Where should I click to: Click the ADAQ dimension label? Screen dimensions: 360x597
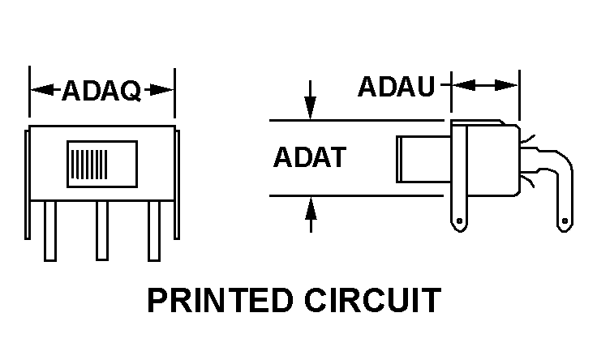click(x=101, y=91)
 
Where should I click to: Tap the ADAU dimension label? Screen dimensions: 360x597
click(x=397, y=86)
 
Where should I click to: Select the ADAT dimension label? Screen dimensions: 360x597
click(x=309, y=156)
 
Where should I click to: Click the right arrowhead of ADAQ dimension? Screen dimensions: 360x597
click(x=165, y=90)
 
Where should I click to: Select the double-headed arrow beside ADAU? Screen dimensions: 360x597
click(x=484, y=84)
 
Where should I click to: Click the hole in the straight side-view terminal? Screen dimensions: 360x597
click(x=461, y=220)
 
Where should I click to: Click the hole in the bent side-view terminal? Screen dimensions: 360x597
click(x=565, y=220)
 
